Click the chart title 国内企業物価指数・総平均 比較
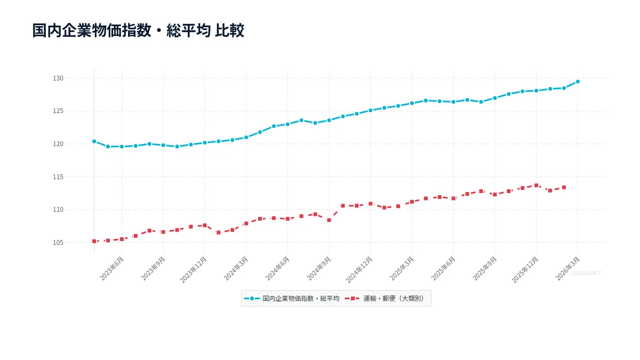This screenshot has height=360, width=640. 138,30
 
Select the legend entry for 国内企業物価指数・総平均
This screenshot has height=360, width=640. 292,299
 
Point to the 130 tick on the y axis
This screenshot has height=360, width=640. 58,78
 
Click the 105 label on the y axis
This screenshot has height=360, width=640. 58,243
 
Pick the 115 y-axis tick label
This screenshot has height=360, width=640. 58,177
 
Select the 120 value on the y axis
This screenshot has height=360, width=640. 58,144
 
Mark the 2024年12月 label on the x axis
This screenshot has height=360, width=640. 360,269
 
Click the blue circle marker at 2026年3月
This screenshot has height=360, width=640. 578,82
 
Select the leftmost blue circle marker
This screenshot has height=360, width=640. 94,141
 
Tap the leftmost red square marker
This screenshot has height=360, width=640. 94,241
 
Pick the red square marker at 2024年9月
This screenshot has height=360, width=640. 329,220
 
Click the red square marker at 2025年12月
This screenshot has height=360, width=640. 537,186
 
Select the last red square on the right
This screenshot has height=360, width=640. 564,187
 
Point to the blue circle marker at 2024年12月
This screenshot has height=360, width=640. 371,110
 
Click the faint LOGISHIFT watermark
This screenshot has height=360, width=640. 586,273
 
